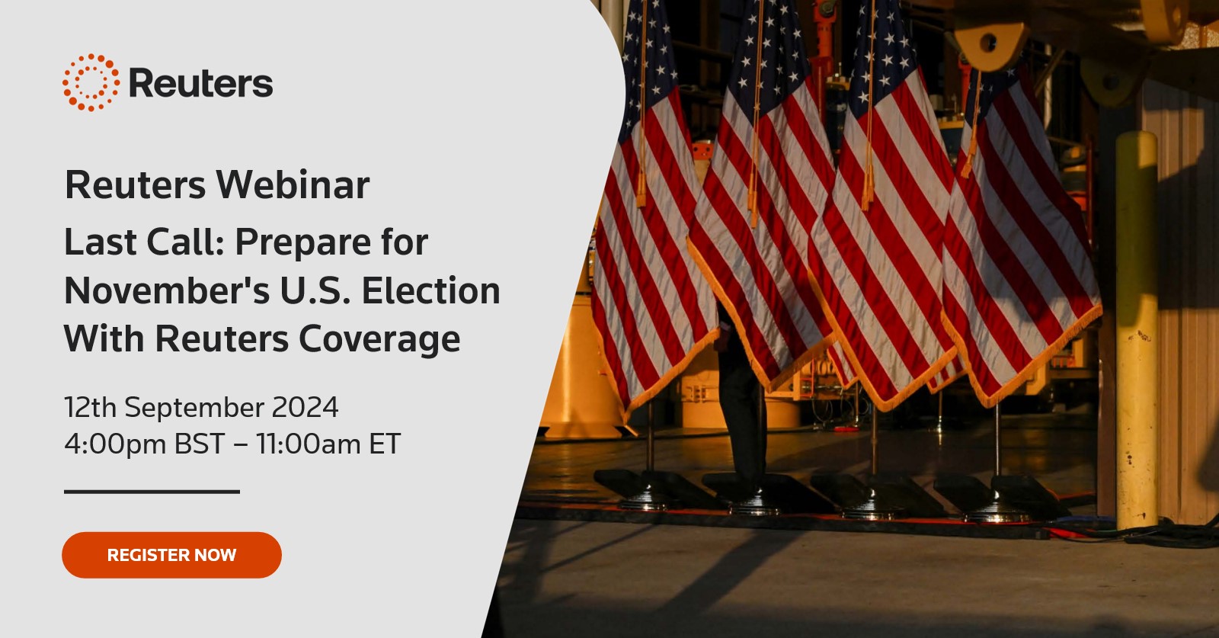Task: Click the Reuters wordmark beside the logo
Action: [x=201, y=83]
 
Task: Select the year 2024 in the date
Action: [x=305, y=407]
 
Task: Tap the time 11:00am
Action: [x=309, y=444]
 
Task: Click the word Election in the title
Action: [x=430, y=290]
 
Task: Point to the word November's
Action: [x=167, y=290]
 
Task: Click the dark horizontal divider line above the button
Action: [x=152, y=492]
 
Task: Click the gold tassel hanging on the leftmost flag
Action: [x=641, y=185]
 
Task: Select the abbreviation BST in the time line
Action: [x=199, y=444]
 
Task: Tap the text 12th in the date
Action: [x=91, y=407]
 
